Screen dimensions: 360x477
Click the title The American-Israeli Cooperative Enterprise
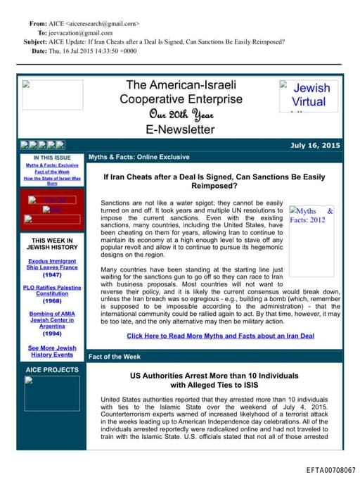tap(180, 92)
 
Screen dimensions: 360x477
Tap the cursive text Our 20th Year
tap(180, 115)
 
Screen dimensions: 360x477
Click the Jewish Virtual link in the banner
tap(309, 95)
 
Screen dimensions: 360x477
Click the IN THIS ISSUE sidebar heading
tap(52, 158)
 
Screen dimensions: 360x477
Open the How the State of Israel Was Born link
tap(52, 181)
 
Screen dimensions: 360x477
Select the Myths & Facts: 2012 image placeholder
tap(311, 215)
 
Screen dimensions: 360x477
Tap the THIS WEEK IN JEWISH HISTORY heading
tap(52, 243)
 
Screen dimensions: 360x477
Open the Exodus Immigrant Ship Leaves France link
tap(52, 265)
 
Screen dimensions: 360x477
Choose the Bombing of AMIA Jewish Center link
tap(52, 321)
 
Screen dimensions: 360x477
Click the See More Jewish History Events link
tap(52, 351)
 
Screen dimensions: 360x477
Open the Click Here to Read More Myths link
tap(219, 336)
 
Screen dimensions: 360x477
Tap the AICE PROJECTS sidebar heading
tap(52, 370)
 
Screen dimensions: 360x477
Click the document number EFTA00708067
tap(330, 469)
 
